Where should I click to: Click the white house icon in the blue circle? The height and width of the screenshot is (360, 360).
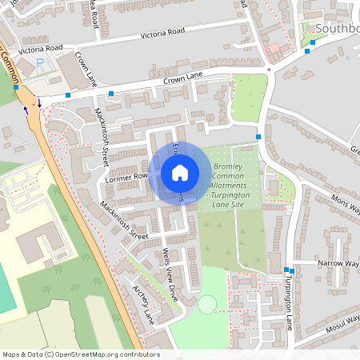(180, 172)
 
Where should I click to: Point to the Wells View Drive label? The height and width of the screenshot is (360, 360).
(171, 272)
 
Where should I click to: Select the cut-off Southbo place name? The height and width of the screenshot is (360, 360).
(337, 29)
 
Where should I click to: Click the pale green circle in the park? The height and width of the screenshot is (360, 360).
(207, 304)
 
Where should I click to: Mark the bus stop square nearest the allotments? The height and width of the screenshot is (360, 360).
(258, 137)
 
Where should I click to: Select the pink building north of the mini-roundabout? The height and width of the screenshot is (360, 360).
(274, 49)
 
